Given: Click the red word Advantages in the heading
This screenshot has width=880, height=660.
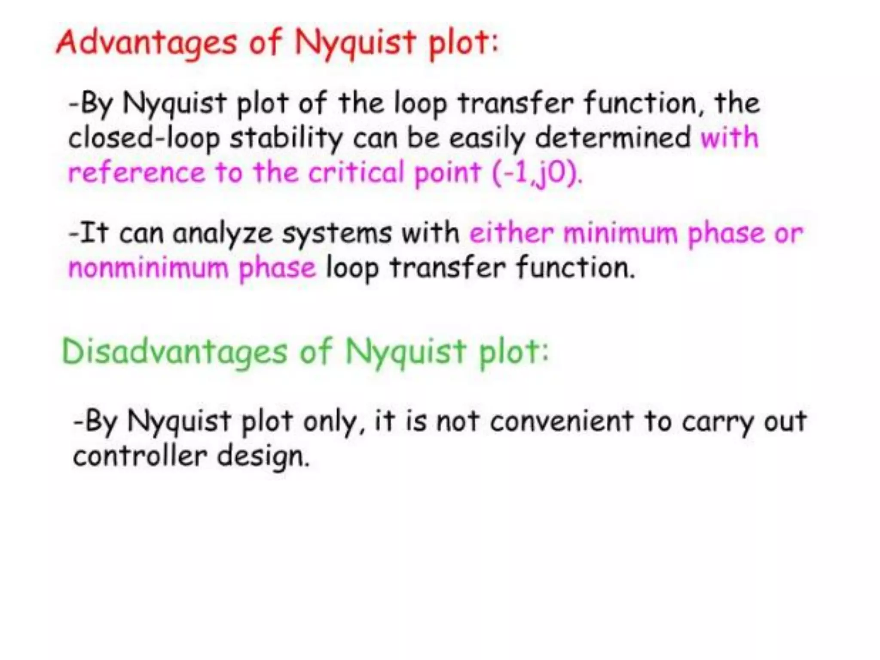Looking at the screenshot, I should coord(147,43).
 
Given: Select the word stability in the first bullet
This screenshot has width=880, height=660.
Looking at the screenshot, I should coord(286,138).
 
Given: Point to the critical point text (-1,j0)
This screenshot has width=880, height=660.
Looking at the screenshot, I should coord(537,173).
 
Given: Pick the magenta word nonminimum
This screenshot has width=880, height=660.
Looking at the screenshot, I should coord(148,268).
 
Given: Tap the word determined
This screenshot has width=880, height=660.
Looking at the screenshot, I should coord(613,138).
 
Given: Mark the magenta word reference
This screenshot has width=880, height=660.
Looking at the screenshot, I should coord(137,173).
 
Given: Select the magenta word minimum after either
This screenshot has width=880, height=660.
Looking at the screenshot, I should coord(620,233).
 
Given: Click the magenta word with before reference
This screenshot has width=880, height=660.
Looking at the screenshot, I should coord(730,138).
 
